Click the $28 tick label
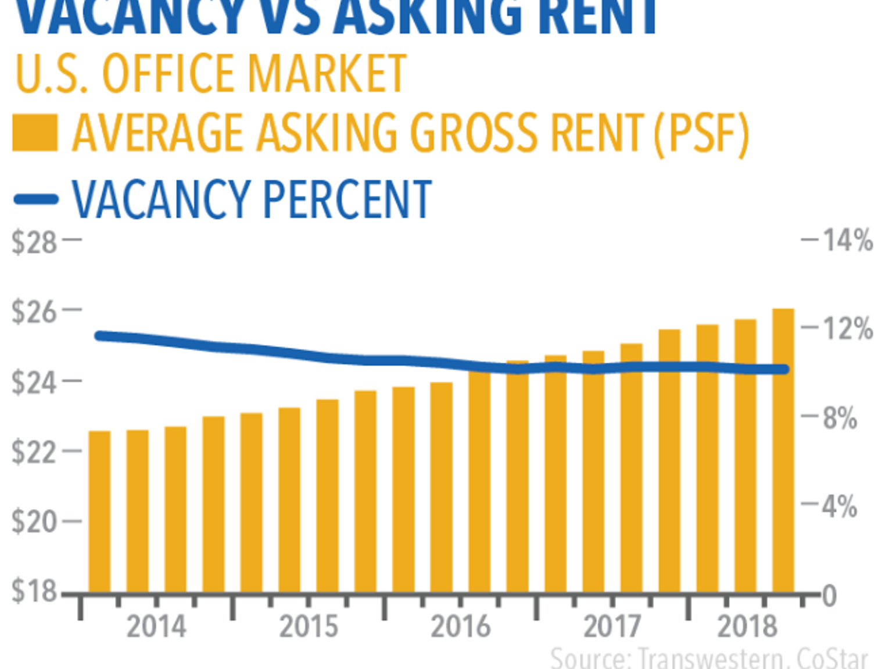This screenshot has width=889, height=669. [x=34, y=242]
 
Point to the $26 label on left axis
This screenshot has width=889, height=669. [x=34, y=312]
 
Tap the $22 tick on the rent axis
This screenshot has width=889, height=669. [x=34, y=452]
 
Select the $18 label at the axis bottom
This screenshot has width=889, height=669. [x=34, y=591]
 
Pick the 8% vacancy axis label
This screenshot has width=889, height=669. [x=840, y=418]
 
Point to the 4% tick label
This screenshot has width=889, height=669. [x=840, y=507]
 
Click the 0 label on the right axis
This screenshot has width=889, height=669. [x=829, y=596]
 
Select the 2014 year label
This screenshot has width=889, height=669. [x=156, y=627]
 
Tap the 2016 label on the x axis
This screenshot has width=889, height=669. [x=460, y=627]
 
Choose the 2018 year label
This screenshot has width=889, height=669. [x=747, y=627]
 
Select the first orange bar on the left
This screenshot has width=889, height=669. [x=99, y=511]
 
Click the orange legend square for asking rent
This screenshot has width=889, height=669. [x=35, y=133]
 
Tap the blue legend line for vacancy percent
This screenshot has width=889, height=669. [x=35, y=199]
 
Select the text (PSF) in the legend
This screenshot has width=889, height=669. [x=701, y=133]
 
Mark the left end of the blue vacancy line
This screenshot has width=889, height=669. [x=99, y=335]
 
